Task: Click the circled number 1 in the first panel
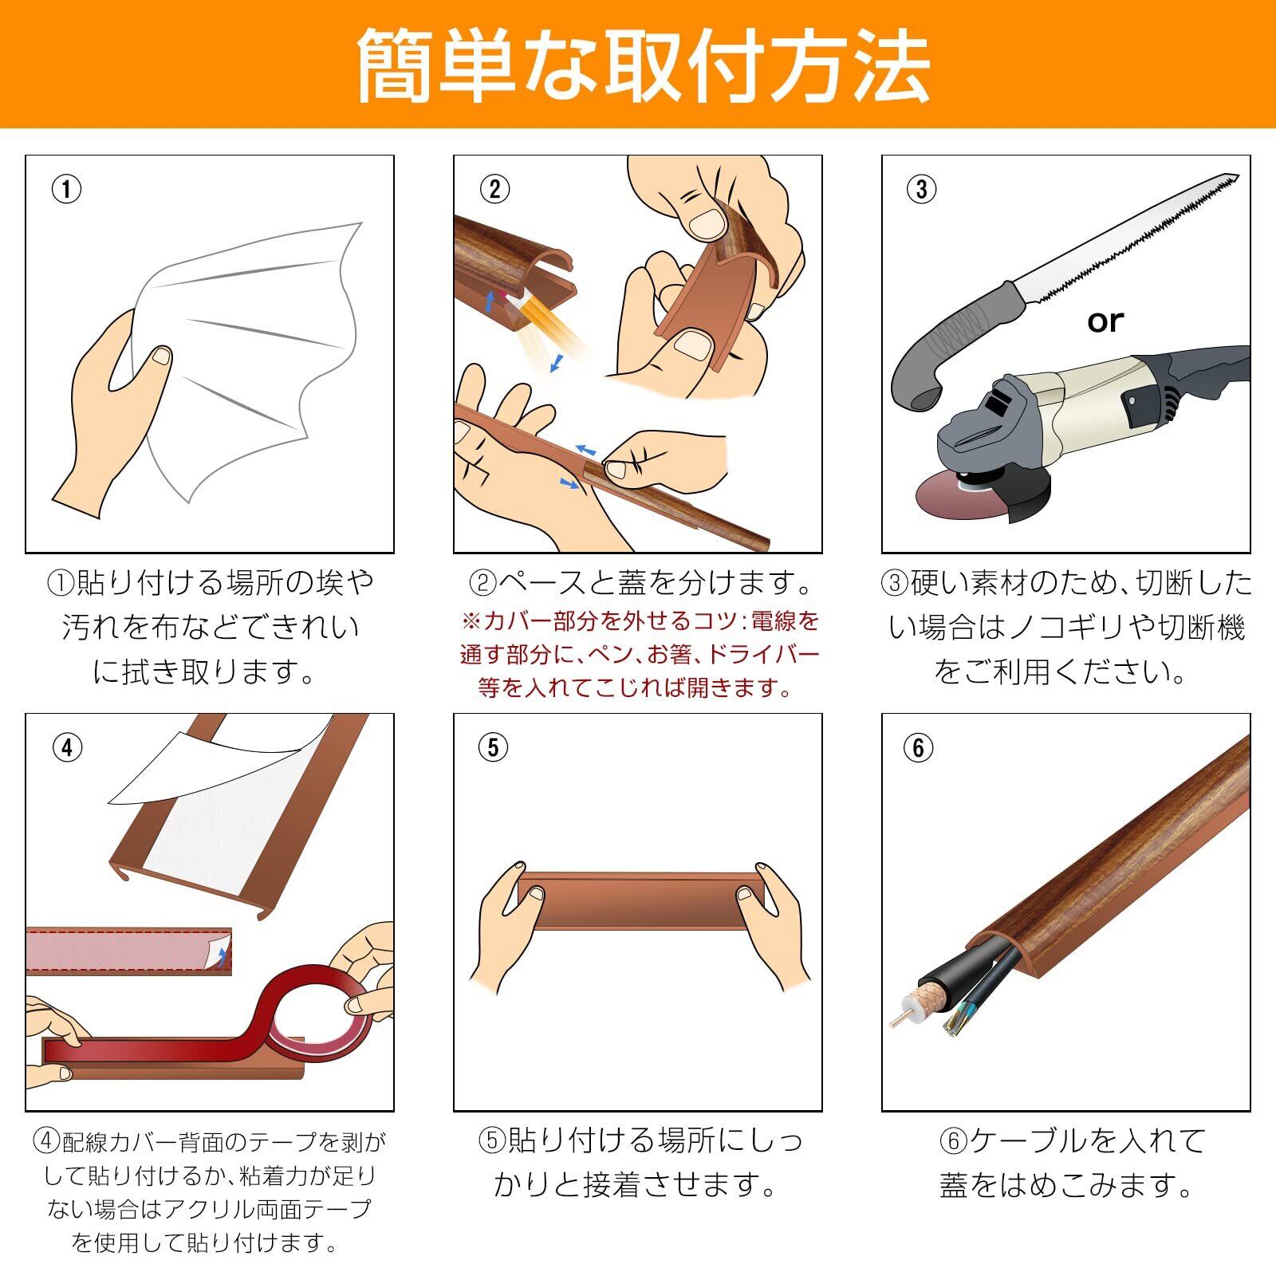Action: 67,189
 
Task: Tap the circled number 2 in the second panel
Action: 494,189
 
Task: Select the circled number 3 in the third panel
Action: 922,189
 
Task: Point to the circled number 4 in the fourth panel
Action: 67,747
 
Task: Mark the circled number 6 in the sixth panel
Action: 919,747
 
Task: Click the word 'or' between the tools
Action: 1105,321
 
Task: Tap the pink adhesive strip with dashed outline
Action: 128,951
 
